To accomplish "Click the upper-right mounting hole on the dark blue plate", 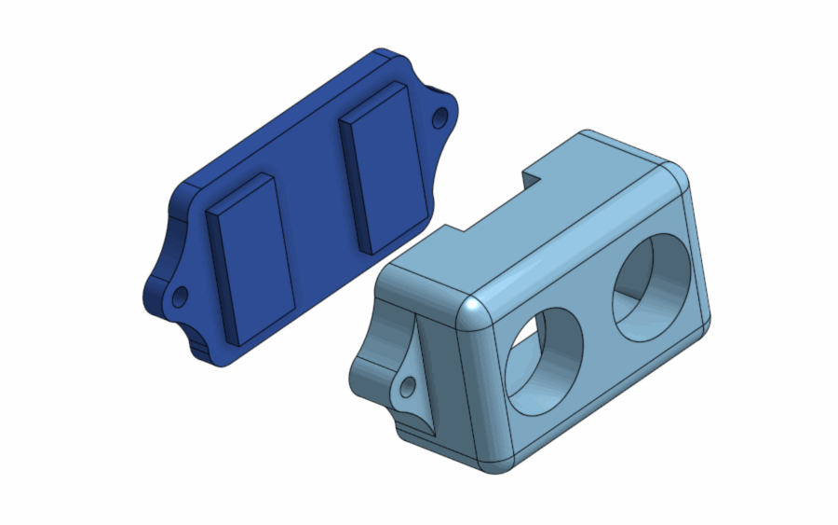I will click(x=439, y=118).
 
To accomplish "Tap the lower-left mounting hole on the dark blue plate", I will click(x=180, y=297).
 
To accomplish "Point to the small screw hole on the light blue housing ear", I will click(x=408, y=385).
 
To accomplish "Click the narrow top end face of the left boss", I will click(x=241, y=192).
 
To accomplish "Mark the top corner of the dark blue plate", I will click(x=382, y=53).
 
